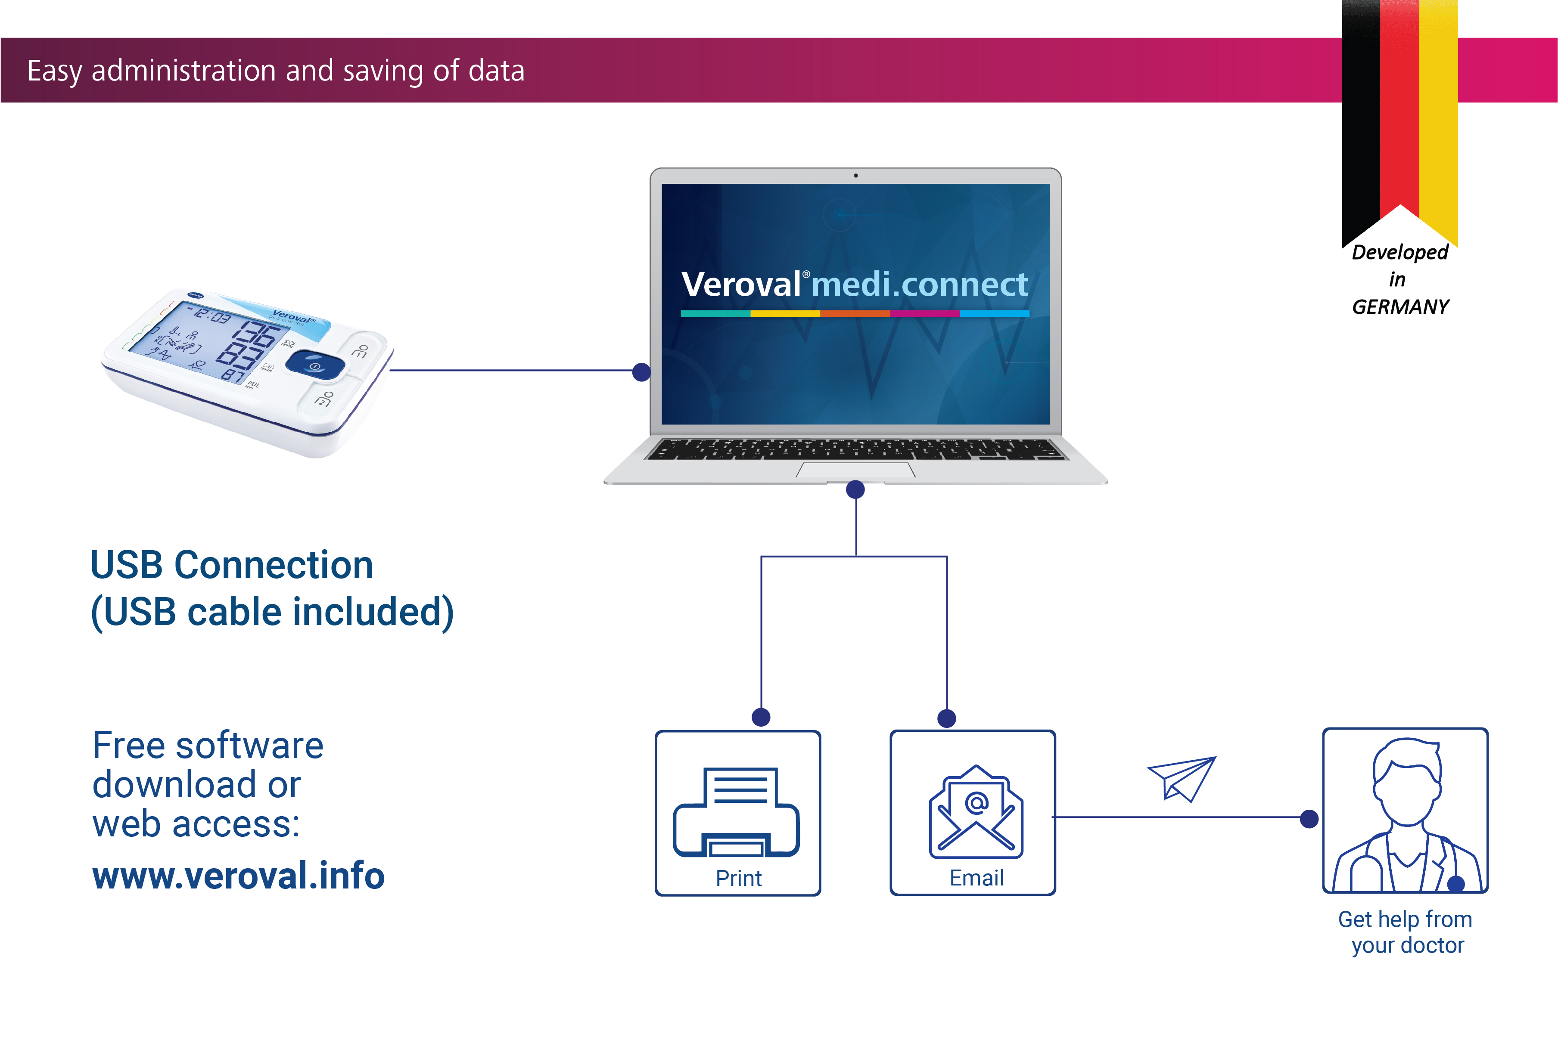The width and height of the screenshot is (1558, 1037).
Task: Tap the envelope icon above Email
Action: (x=976, y=812)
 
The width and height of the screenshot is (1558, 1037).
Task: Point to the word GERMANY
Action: (x=1400, y=307)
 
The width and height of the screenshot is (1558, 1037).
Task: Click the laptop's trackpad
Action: (x=855, y=470)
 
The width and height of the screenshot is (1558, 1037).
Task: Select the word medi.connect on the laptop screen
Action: (x=920, y=285)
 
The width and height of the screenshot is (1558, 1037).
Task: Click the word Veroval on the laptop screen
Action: (x=741, y=285)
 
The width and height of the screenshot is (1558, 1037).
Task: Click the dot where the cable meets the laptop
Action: (x=641, y=372)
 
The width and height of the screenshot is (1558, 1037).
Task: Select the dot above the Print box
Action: (x=761, y=717)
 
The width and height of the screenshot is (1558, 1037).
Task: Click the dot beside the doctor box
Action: (x=1309, y=819)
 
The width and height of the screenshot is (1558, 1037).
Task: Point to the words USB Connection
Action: (x=232, y=566)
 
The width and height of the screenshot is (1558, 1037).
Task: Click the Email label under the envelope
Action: (x=976, y=878)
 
